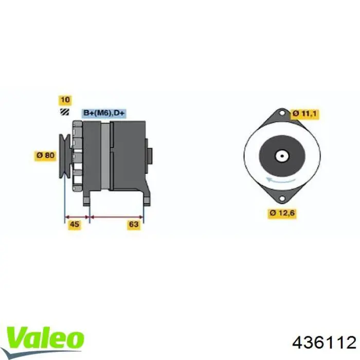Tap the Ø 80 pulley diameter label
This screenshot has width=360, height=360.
pyautogui.click(x=45, y=155)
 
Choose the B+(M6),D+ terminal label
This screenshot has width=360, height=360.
pyautogui.click(x=104, y=112)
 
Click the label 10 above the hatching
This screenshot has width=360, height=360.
pyautogui.click(x=65, y=100)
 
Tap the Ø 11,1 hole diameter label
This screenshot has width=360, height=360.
pyautogui.click(x=305, y=114)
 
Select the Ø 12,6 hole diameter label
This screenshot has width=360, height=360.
pyautogui.click(x=282, y=212)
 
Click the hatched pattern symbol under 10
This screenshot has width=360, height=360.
pyautogui.click(x=65, y=112)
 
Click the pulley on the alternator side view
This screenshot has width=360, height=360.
pyautogui.click(x=65, y=156)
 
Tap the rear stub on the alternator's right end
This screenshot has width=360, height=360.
pyautogui.click(x=150, y=154)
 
